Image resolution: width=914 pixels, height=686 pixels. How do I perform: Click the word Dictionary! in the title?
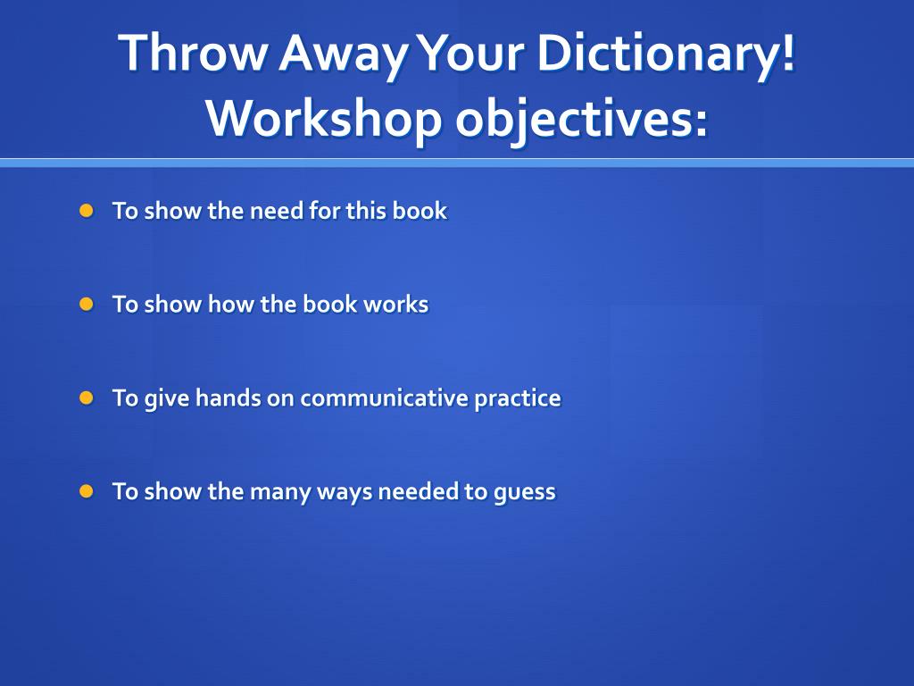[x=665, y=54]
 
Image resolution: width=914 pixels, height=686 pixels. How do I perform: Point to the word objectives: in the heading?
[x=581, y=118]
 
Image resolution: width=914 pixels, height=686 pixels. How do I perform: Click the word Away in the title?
[x=343, y=54]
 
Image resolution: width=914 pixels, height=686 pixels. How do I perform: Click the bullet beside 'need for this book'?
[x=86, y=211]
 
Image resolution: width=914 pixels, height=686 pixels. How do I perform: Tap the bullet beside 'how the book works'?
[x=86, y=304]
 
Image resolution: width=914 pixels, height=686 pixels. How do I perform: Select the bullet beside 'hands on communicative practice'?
[x=86, y=397]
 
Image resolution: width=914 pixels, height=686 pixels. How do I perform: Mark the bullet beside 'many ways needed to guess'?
[x=86, y=490]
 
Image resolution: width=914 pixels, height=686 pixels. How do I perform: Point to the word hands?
[x=228, y=397]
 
